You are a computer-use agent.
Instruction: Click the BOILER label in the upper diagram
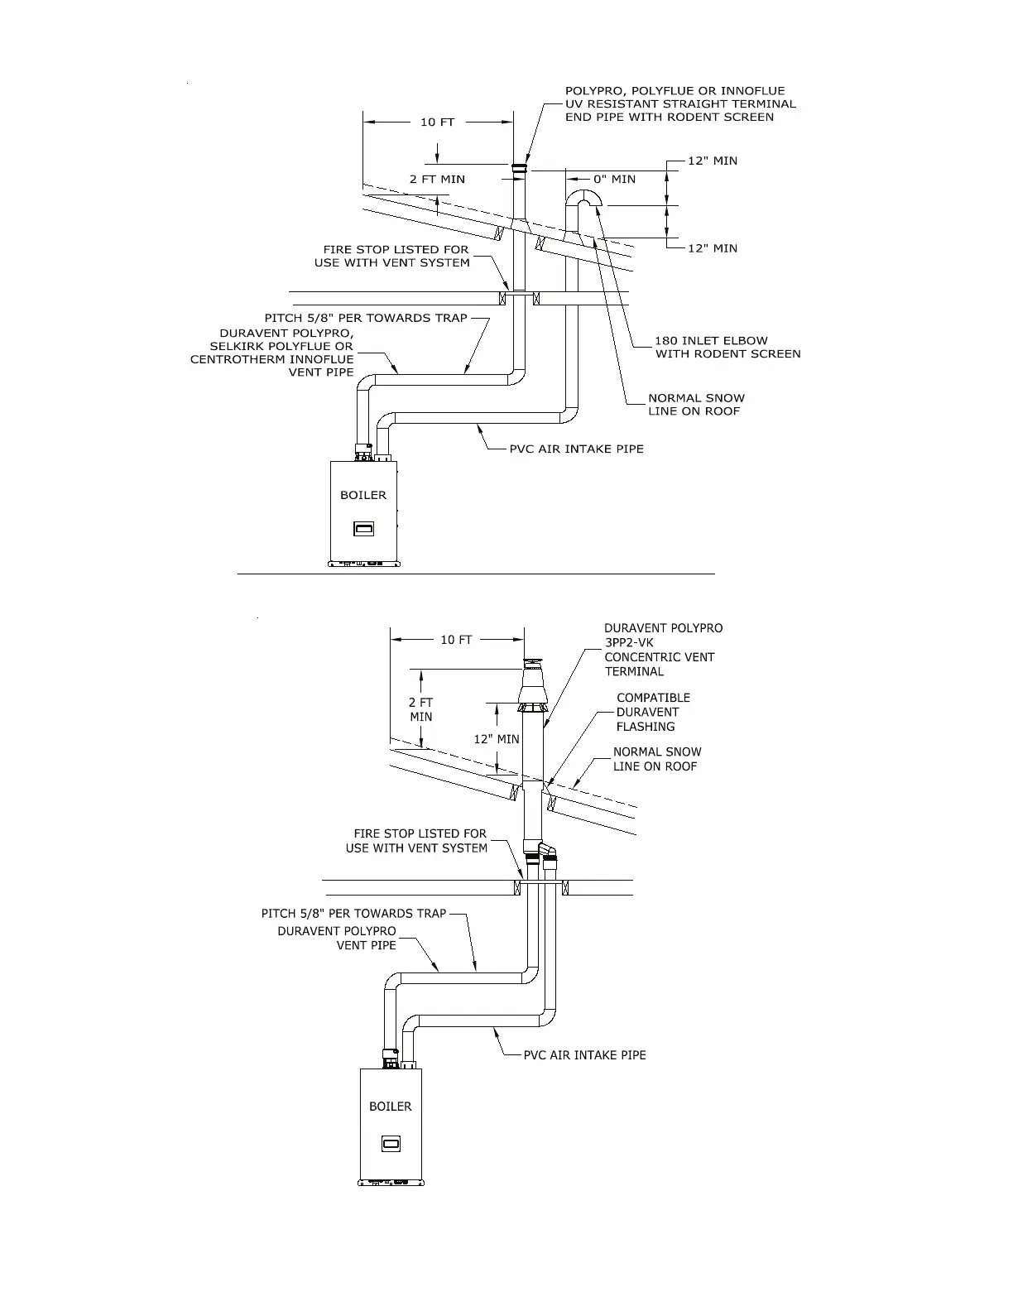tap(363, 495)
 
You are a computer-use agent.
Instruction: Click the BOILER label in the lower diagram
tap(390, 1106)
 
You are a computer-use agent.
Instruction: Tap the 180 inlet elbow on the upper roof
tap(586, 199)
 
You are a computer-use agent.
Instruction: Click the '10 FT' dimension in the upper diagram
tap(437, 122)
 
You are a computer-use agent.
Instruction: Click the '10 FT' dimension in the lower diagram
tap(456, 640)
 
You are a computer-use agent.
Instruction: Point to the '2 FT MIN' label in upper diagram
tap(437, 179)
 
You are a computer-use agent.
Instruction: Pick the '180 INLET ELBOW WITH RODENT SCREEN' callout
tap(727, 347)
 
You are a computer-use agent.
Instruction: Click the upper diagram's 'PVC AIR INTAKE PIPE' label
tap(576, 449)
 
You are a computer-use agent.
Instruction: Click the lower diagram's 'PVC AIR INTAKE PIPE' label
tap(584, 1055)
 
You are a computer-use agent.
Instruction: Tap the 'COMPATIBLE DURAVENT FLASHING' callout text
tap(652, 712)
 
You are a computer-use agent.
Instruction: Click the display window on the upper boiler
tap(364, 528)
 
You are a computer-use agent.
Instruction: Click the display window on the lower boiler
tap(391, 1145)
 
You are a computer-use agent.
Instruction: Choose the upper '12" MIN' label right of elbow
tap(713, 161)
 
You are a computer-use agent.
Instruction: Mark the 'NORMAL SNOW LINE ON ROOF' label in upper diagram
tap(695, 404)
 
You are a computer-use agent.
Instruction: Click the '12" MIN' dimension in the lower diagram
tap(496, 738)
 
